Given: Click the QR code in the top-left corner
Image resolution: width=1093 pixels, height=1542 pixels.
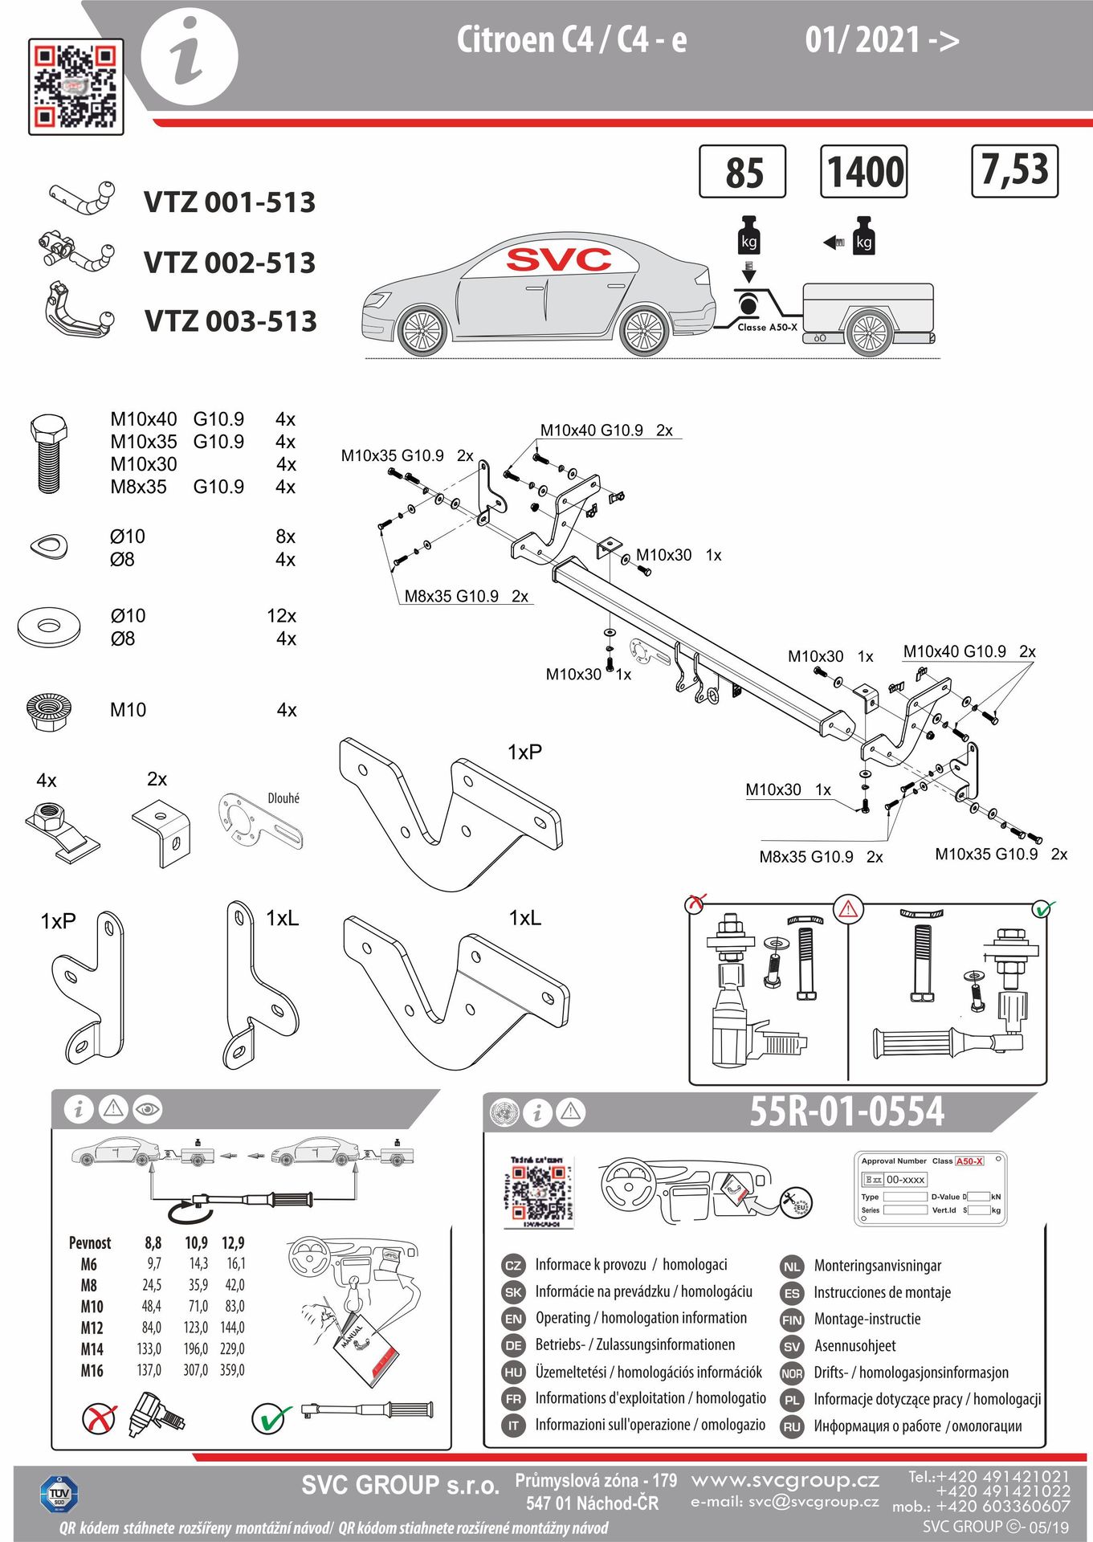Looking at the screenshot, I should pos(75,86).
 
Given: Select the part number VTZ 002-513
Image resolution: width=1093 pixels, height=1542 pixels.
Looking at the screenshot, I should pos(230,263).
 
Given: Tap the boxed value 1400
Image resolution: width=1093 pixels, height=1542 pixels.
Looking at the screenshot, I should pos(863,171).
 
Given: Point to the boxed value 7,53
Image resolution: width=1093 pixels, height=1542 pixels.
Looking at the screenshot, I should pos(1014,170).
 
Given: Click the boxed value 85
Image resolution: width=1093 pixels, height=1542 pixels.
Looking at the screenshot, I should pos(743,172).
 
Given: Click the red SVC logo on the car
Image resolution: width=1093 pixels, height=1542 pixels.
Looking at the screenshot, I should pos(558,259).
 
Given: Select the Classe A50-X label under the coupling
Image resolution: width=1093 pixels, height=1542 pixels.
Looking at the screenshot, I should pos(767,328).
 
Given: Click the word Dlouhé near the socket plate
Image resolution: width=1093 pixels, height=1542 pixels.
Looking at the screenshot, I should pos(283,798).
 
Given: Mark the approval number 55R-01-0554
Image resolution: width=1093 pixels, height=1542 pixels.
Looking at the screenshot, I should pos(846,1112).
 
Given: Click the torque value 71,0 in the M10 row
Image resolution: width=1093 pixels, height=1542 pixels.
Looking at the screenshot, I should pos(198,1307).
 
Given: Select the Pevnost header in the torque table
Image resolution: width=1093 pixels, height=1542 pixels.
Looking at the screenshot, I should pos(90,1243).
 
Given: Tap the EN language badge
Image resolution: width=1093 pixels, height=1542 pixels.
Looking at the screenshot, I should pos(513,1319).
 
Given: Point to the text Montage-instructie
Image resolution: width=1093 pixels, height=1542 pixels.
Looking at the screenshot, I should pos(867,1319).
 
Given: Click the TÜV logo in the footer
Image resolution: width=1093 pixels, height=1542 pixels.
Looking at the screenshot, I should pos(59,1495).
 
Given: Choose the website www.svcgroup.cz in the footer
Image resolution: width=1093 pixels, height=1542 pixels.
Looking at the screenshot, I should pos(785,1479).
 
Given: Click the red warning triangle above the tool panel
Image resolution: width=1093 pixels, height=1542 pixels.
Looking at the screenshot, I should pos(848,909).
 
